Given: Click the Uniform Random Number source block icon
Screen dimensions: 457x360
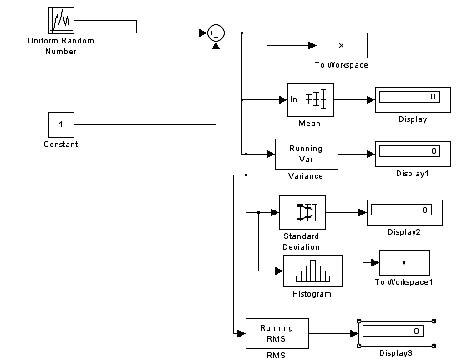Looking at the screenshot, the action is click(x=61, y=20).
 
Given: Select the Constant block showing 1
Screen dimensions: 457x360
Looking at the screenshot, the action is click(x=61, y=124).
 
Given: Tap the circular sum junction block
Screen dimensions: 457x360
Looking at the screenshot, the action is click(x=216, y=33).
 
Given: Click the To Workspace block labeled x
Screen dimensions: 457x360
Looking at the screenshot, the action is click(x=342, y=45).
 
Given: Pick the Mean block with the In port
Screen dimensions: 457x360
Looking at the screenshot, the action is click(x=311, y=99).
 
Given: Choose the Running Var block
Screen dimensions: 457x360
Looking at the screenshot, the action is click(x=307, y=154).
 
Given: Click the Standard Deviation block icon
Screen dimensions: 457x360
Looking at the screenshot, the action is click(x=302, y=212).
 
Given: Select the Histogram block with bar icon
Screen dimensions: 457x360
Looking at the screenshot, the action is click(x=312, y=271).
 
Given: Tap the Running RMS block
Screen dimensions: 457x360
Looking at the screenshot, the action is click(x=277, y=333).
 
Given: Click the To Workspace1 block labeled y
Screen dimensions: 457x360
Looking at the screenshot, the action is click(x=404, y=262).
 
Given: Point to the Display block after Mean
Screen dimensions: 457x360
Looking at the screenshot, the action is click(x=413, y=99).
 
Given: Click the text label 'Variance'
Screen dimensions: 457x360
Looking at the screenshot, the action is click(x=306, y=176).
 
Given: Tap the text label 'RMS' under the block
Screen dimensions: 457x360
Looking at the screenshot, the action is click(x=276, y=356).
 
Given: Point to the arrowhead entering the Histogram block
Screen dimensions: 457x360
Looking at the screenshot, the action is click(x=279, y=271).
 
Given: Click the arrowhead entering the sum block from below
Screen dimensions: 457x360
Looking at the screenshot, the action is click(x=216, y=46).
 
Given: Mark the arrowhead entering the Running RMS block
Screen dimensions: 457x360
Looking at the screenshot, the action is click(x=241, y=333).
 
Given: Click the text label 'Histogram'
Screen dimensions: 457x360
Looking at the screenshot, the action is click(x=312, y=294).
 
